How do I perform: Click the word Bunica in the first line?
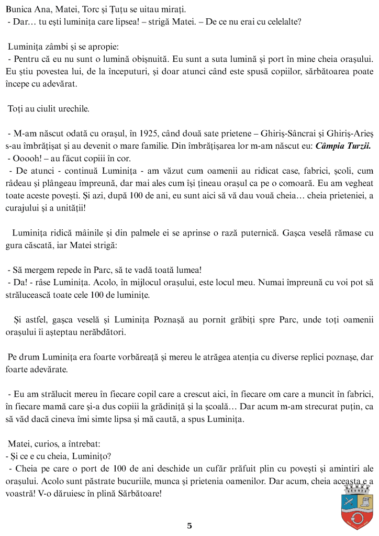(19, 9)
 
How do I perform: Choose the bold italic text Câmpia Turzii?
(343, 147)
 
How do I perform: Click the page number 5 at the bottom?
(189, 526)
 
